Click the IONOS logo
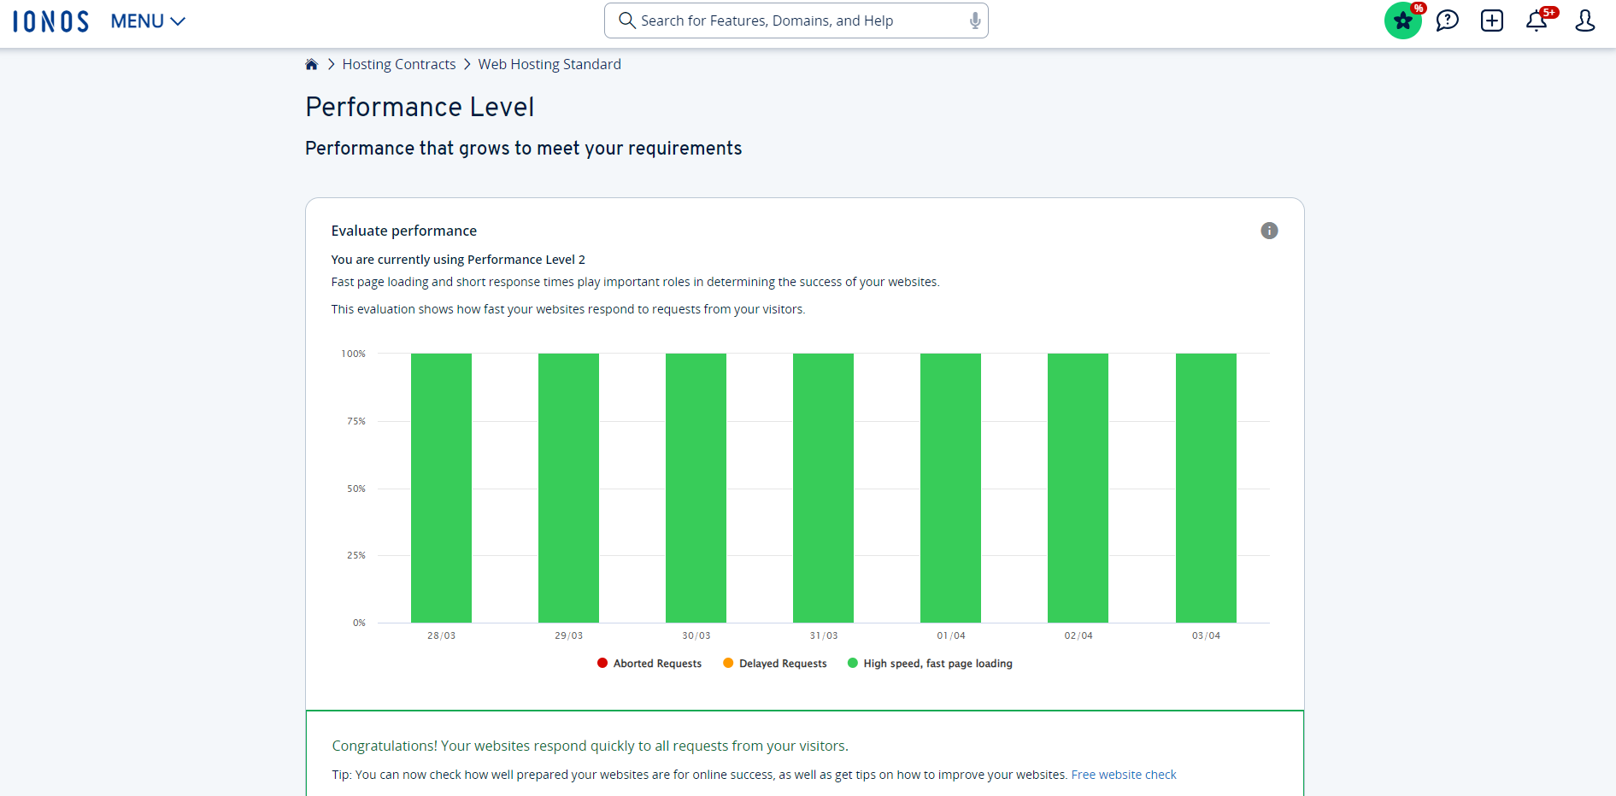click(50, 21)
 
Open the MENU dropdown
click(148, 21)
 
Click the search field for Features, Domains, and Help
click(795, 20)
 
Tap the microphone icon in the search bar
click(974, 20)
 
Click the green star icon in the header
click(1402, 20)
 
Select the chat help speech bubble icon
click(1447, 20)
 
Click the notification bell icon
click(1537, 20)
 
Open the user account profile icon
click(1584, 20)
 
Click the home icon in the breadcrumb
click(312, 64)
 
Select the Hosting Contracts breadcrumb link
click(399, 64)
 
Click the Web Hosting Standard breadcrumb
click(549, 64)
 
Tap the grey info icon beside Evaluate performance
click(1269, 231)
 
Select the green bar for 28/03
click(441, 488)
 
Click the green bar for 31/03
click(823, 488)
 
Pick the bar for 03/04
click(1206, 488)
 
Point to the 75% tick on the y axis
click(356, 421)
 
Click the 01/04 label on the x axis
click(951, 635)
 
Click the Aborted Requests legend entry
click(649, 664)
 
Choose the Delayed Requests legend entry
click(775, 664)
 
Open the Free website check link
click(1124, 775)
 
